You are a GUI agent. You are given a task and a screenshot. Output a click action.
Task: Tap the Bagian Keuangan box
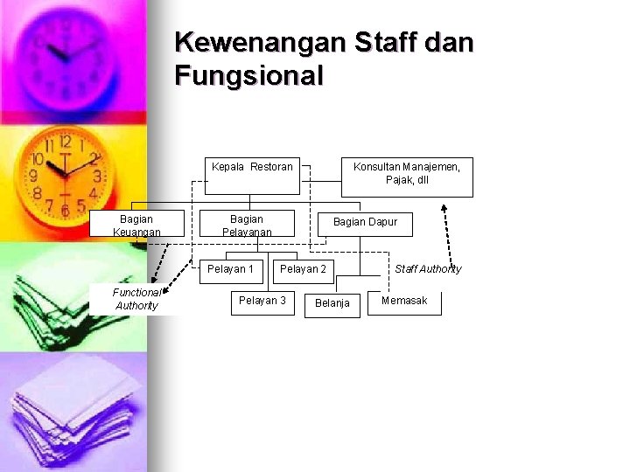coord(136,225)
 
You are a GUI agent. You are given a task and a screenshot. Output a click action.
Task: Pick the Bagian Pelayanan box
coord(247,225)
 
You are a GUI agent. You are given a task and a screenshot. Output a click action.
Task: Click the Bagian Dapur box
coord(365,223)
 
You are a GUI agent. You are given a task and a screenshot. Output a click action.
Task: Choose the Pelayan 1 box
coord(230,269)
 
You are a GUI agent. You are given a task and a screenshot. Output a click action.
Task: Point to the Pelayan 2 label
coord(303,269)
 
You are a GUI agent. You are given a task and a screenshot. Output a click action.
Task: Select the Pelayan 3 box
coord(262,302)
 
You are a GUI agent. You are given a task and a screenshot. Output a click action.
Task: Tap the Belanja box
coord(332,303)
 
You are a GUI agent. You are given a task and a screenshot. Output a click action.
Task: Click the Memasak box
coord(404,302)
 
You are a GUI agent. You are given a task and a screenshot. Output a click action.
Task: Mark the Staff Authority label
coord(428,269)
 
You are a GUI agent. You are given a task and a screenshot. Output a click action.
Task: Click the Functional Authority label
coord(136,299)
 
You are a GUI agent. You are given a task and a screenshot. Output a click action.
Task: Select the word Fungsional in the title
coord(249,76)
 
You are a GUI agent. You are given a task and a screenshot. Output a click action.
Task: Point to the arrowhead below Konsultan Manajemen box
coord(444,209)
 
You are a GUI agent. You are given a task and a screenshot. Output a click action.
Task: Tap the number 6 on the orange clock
coord(64,211)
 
